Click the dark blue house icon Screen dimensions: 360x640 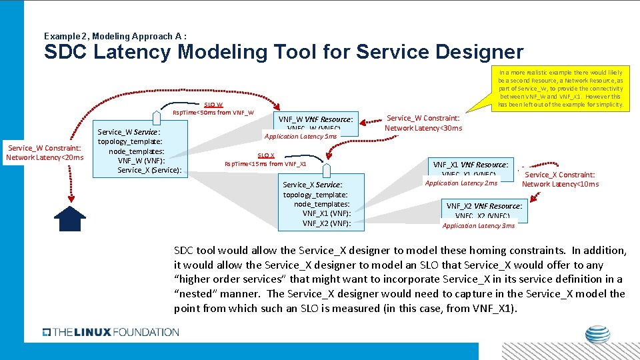point(69,218)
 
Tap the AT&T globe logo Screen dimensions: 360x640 point(597,335)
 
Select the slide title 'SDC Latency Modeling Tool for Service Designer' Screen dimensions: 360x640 point(283,52)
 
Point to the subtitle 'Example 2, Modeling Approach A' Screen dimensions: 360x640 point(115,35)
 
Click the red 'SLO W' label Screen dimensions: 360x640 point(213,105)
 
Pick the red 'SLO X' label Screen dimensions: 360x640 point(266,155)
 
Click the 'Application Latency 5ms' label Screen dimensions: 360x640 point(301,136)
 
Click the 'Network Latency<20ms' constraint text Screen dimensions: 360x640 point(45,157)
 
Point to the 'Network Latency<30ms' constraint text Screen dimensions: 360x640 point(423,128)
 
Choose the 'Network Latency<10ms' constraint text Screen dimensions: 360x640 point(560,184)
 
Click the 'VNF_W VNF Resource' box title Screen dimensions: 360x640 point(315,120)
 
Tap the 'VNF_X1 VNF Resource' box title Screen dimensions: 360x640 point(470,165)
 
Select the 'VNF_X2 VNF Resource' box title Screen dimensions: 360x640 point(484,206)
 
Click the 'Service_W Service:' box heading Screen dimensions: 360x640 point(129,132)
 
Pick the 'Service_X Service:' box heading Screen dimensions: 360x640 point(313,185)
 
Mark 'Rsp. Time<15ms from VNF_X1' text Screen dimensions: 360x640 point(265,164)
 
